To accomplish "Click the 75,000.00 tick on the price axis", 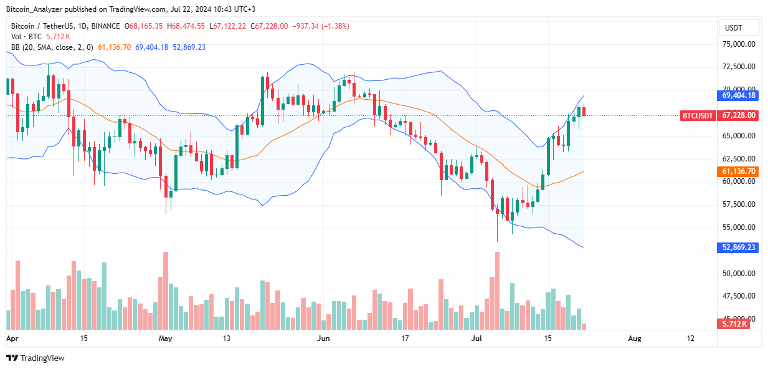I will pos(739,44).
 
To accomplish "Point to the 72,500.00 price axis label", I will pos(739,67).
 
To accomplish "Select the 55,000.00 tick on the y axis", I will pos(739,228).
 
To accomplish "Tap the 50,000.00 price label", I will pos(739,273).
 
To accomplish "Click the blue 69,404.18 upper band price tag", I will pos(739,95).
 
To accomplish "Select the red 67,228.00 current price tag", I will pos(739,115).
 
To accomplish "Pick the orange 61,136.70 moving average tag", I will pos(739,171).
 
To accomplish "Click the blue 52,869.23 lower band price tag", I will pos(739,247).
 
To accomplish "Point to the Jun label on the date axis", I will pos(323,338).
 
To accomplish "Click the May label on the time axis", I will pos(165,338).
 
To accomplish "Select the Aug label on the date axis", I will pos(634,338).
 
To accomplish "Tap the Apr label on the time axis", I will pos(12,338).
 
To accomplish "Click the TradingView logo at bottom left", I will pos(36,358).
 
